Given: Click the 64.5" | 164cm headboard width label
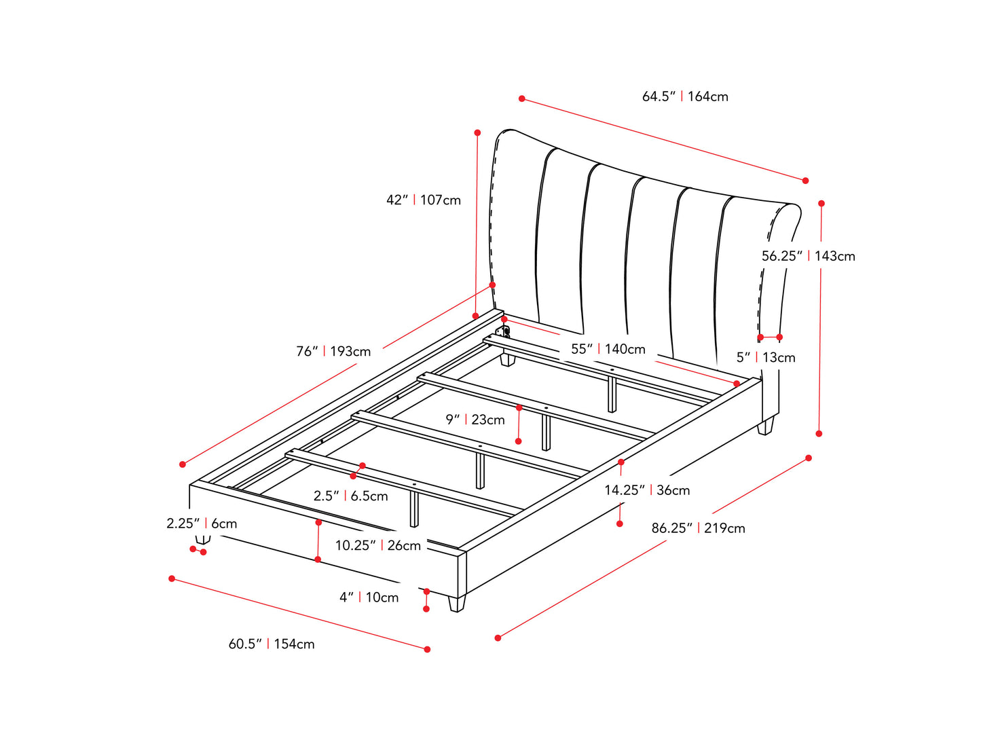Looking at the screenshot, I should (x=685, y=96).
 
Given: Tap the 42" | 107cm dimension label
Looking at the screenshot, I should (x=423, y=200).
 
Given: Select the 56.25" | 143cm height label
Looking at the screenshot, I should (x=808, y=256).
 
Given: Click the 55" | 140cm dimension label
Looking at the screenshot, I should (x=608, y=349).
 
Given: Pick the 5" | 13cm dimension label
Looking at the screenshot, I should (x=766, y=357).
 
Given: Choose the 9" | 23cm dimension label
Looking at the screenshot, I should (x=475, y=420).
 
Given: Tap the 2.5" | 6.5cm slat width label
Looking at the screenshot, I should (x=350, y=496).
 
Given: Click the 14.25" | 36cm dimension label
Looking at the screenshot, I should (x=647, y=490).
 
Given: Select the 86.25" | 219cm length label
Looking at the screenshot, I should (x=698, y=528).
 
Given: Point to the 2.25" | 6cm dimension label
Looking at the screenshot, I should (x=202, y=523).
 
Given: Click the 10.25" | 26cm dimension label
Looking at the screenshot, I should (x=378, y=545).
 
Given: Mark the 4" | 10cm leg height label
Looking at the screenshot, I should (x=369, y=597).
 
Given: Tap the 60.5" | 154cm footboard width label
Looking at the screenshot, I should (x=272, y=644).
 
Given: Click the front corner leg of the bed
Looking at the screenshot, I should (x=457, y=603).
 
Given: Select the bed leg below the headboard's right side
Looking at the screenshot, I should (x=765, y=426).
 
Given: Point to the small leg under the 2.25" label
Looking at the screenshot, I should (x=203, y=540).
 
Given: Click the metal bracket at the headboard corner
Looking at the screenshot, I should (x=504, y=332).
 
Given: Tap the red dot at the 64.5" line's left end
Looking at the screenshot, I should (x=521, y=98).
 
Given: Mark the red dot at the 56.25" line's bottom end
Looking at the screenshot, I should (x=819, y=433).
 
